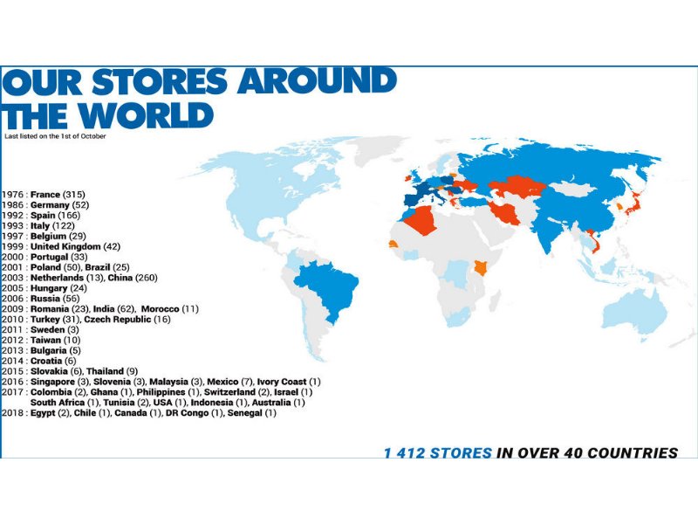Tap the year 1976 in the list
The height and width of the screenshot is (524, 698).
[x=13, y=194]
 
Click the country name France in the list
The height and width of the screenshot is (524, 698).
[x=45, y=194]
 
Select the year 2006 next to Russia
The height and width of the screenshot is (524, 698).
[x=13, y=299]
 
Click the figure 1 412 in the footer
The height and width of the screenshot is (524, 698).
[x=414, y=452]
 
